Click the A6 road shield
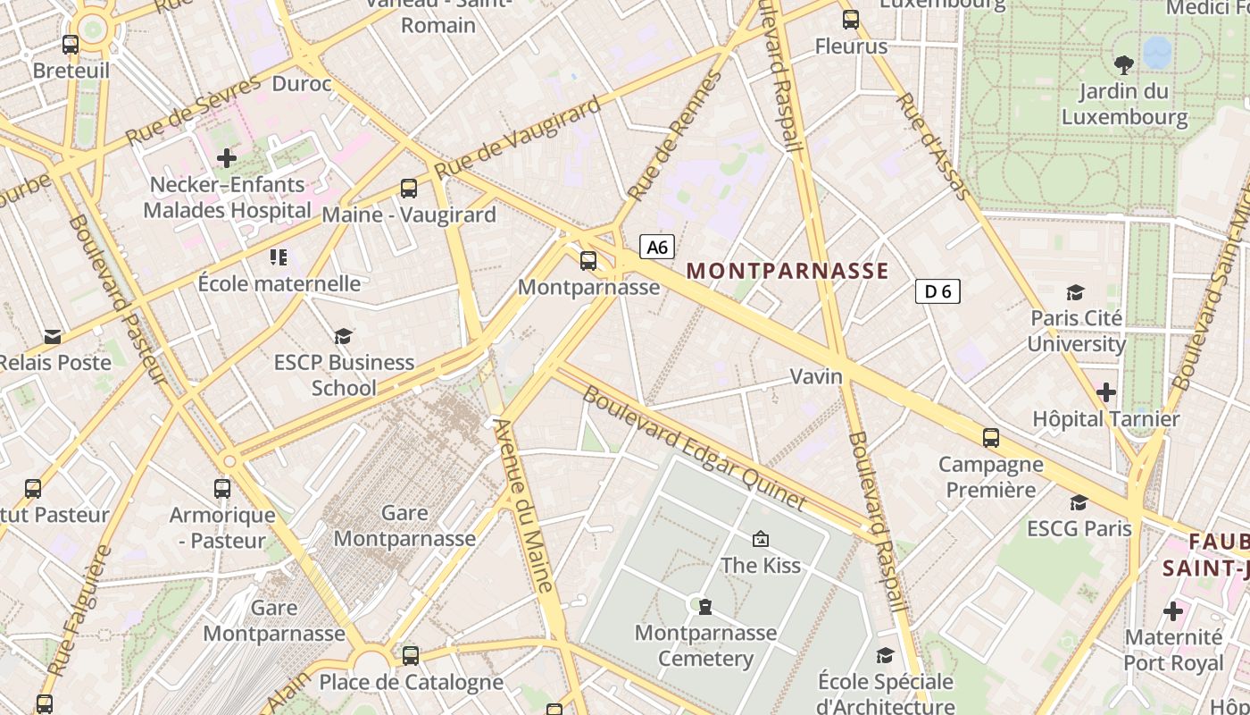657,247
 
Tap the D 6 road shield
937,291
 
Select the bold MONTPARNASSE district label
787,271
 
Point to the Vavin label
816,376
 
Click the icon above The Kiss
761,539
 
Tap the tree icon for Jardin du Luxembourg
1123,64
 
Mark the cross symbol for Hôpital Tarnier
1106,392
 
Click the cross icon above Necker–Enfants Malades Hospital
227,158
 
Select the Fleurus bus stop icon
851,19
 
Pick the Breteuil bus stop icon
71,44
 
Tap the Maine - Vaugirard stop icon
409,188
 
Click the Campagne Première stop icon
991,438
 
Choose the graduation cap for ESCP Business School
344,336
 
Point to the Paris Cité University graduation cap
1076,292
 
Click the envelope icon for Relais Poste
53,337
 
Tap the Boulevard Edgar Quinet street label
694,448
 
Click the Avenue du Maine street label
525,505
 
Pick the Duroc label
301,84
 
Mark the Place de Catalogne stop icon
411,656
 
